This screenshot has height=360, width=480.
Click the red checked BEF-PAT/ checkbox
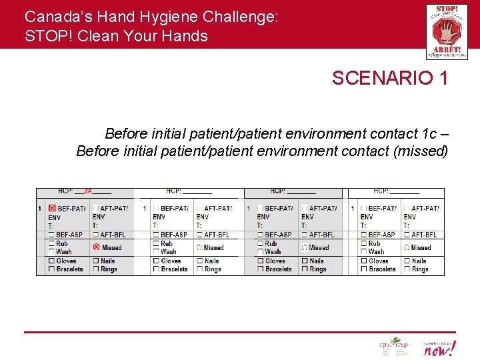coord(51,209)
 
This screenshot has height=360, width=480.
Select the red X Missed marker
coord(96,247)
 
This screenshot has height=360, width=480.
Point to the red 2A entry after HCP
coord(88,191)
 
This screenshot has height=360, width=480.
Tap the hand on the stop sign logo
coord(442,29)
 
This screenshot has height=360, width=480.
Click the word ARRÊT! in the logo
coord(443,49)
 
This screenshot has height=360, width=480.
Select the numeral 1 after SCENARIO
coord(443,79)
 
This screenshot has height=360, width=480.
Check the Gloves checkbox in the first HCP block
coord(51,261)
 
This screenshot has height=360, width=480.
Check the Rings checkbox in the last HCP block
coord(407,269)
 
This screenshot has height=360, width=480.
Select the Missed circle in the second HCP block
coord(199,247)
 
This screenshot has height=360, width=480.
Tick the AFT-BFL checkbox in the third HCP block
coord(304,235)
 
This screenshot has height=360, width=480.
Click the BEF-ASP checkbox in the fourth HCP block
coord(363,235)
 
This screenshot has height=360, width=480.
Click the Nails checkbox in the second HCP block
coord(199,261)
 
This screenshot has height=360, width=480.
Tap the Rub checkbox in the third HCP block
coord(259,244)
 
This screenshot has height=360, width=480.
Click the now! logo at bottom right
coord(440,347)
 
